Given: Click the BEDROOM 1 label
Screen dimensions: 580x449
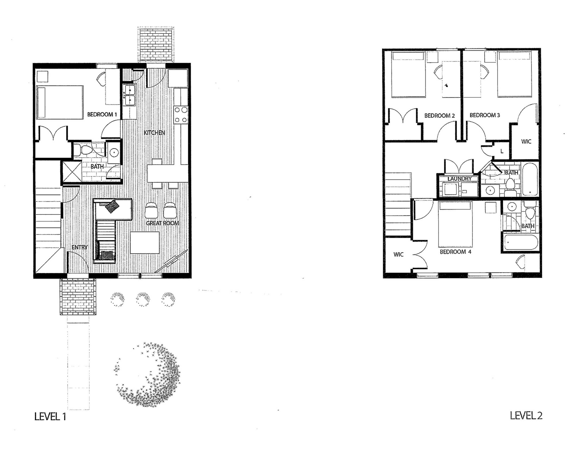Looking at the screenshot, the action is point(102,114).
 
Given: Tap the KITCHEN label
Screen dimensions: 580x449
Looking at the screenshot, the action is point(154,133).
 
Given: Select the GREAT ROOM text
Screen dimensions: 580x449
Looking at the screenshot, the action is point(162,223).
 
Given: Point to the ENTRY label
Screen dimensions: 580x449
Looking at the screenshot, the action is point(79,247).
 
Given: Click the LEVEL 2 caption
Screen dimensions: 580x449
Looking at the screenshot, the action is point(526,415).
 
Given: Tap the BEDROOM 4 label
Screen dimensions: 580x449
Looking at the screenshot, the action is point(455,252).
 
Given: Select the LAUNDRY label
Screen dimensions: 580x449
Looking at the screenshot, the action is point(459,179).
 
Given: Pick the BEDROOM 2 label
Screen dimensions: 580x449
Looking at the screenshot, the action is point(439,116).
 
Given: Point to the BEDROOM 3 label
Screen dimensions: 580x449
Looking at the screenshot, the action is point(485,115).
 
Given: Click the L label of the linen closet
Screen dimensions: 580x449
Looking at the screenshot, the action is point(502,151).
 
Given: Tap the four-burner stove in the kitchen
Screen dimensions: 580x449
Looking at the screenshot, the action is point(181,115).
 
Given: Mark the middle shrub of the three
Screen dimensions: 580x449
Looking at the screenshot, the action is point(143,299).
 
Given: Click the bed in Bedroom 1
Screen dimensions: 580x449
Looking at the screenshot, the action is point(60,102).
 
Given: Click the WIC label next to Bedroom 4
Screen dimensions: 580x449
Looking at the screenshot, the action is point(398,254).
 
